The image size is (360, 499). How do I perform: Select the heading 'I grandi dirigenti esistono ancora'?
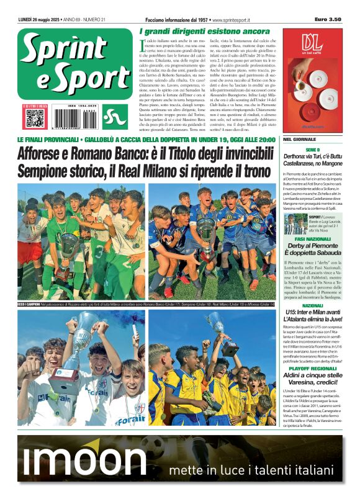coord(205,31)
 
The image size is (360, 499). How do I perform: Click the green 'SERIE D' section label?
coord(312,150)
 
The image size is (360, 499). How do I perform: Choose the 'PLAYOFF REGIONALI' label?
coord(312,368)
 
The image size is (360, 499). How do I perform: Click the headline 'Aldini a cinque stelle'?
coord(312,376)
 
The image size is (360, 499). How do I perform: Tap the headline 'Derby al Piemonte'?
coord(312,247)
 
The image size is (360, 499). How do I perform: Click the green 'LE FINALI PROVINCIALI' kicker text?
coord(56,140)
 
